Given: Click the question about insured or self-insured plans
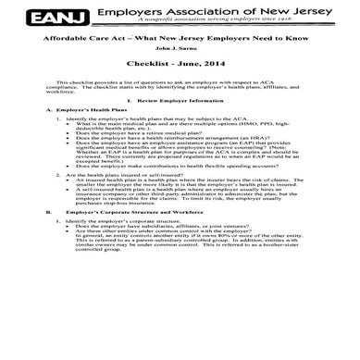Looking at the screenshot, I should click(x=119, y=226).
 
